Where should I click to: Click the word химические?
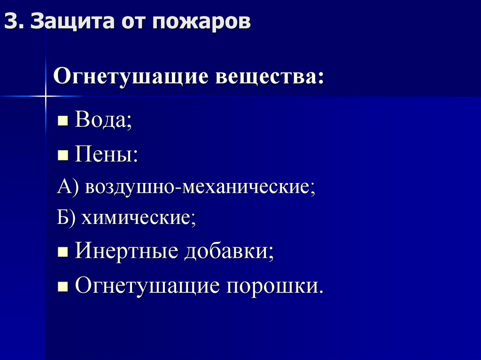(139, 218)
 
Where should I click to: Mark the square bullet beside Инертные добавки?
(63, 253)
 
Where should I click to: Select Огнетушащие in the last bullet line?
(147, 285)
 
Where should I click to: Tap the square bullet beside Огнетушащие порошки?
(63, 285)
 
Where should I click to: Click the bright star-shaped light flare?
(46, 96)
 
